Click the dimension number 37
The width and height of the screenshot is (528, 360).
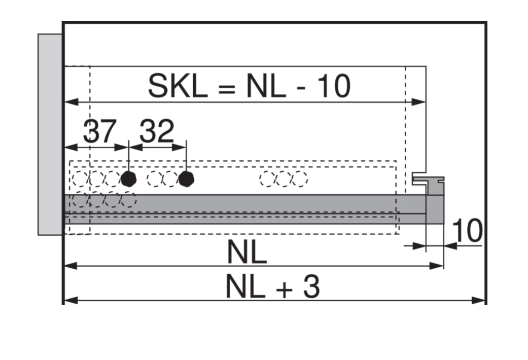tap(100, 131)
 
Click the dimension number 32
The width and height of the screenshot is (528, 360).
tap(157, 131)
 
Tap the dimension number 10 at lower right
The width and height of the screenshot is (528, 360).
tap(467, 230)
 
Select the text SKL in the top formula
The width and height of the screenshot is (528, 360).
tap(178, 86)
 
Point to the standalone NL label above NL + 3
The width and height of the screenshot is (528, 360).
tap(247, 251)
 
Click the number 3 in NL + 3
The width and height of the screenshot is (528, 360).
tap(311, 286)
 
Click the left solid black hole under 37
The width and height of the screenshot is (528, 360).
tap(129, 178)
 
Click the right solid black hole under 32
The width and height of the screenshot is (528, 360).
tap(186, 178)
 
